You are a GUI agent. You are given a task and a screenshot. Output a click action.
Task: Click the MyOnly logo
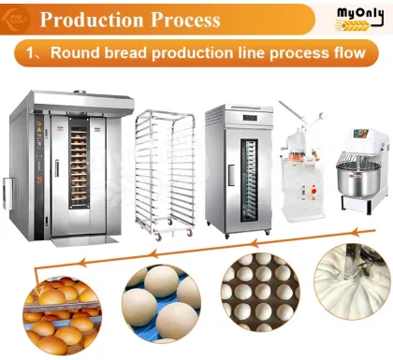click(358, 16)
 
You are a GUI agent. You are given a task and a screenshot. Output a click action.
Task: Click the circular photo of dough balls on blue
click(159, 301)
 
